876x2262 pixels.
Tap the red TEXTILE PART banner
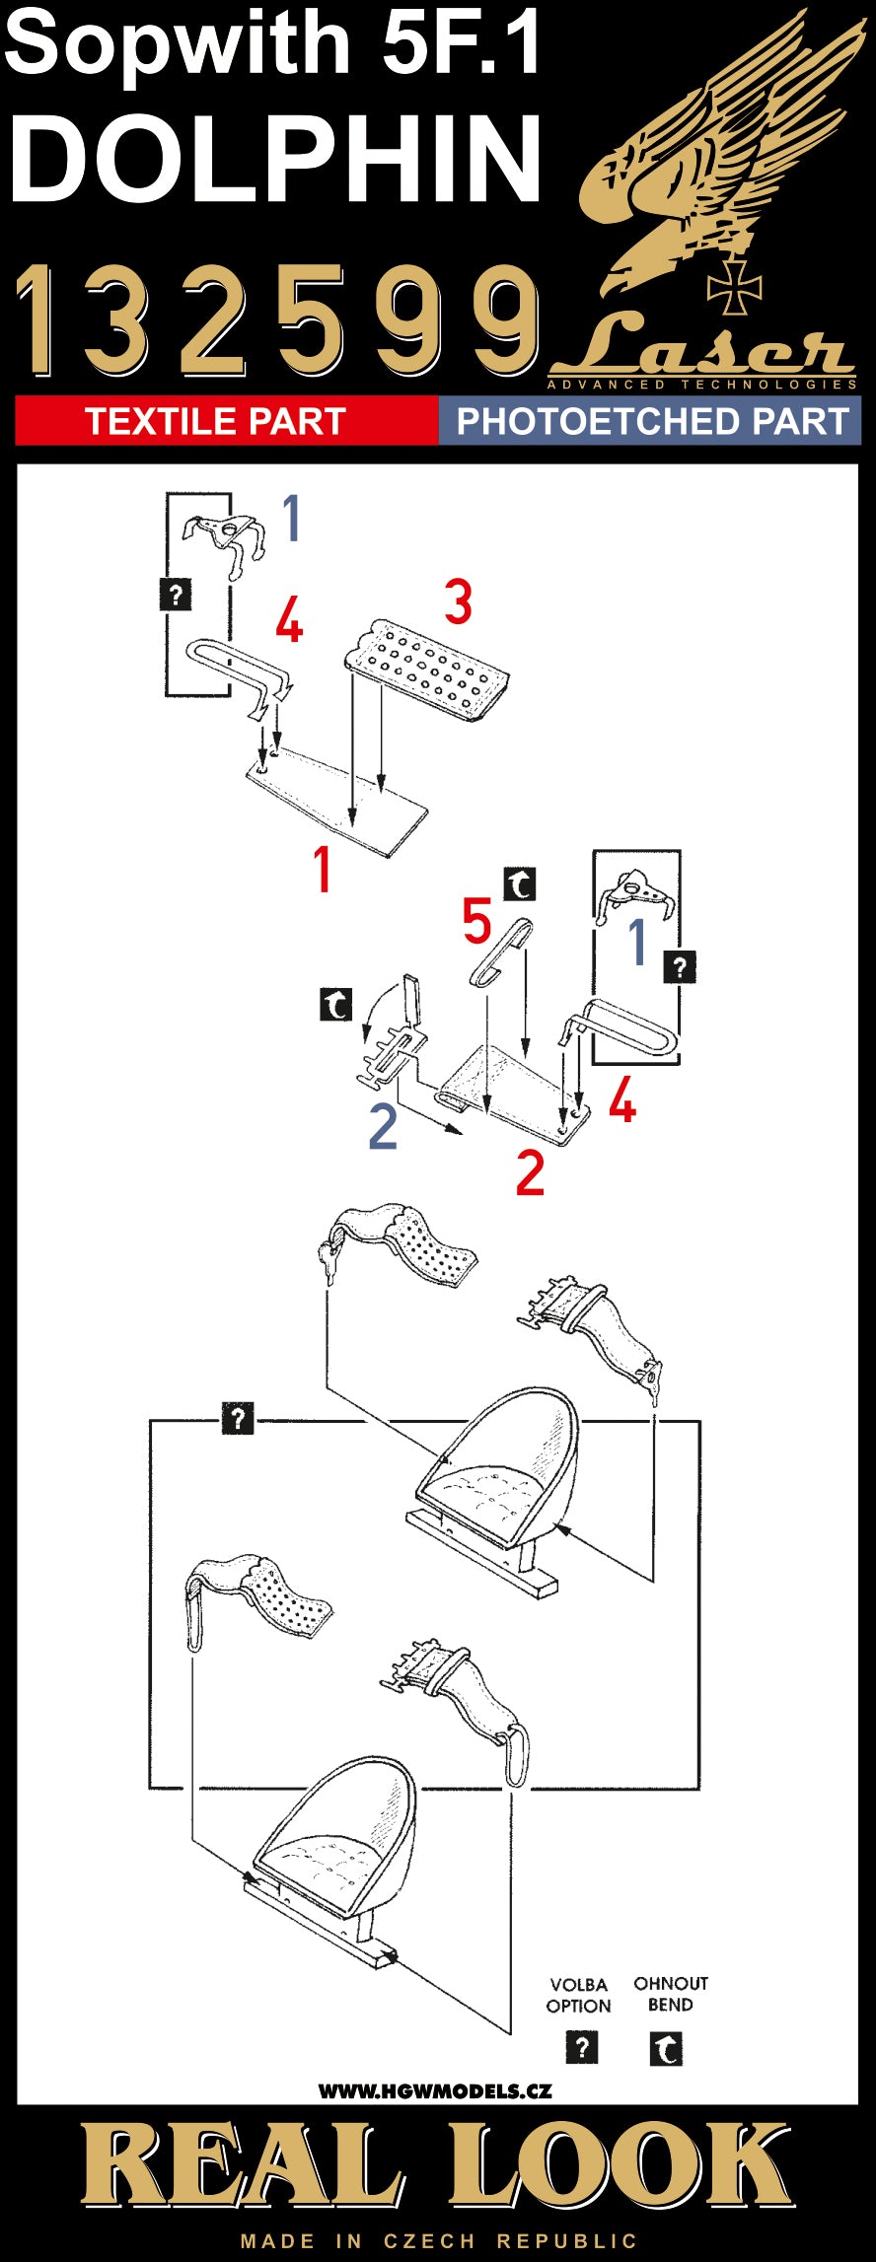[215, 421]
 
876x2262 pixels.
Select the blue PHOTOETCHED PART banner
[652, 421]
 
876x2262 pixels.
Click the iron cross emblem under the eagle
[735, 285]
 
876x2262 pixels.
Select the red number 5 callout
[477, 921]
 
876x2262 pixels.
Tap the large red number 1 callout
[322, 870]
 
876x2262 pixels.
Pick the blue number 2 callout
[383, 1126]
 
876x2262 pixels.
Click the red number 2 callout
[530, 1172]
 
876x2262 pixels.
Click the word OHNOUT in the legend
[671, 1983]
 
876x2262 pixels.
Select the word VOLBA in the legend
[579, 1984]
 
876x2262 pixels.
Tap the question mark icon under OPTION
[582, 2047]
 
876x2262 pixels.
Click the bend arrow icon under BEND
[666, 2049]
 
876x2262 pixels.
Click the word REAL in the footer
[242, 2166]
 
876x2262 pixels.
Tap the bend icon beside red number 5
[520, 884]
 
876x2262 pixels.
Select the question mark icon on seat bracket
[238, 1419]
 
